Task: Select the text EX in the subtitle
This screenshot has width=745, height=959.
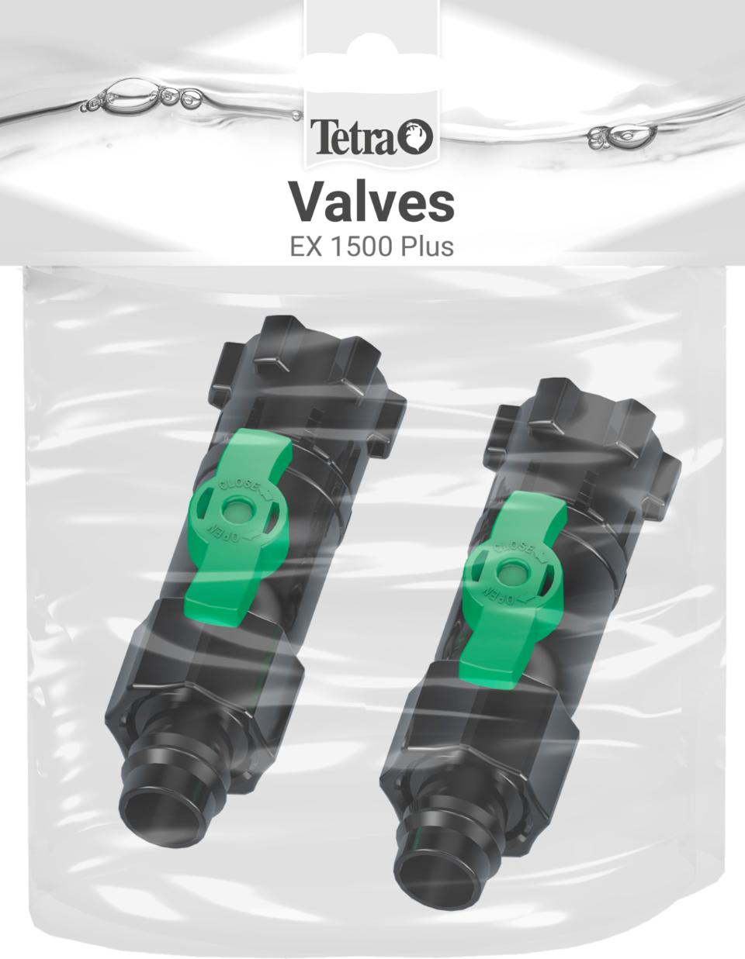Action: (x=304, y=247)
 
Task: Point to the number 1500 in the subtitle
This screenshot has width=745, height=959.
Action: (x=359, y=247)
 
